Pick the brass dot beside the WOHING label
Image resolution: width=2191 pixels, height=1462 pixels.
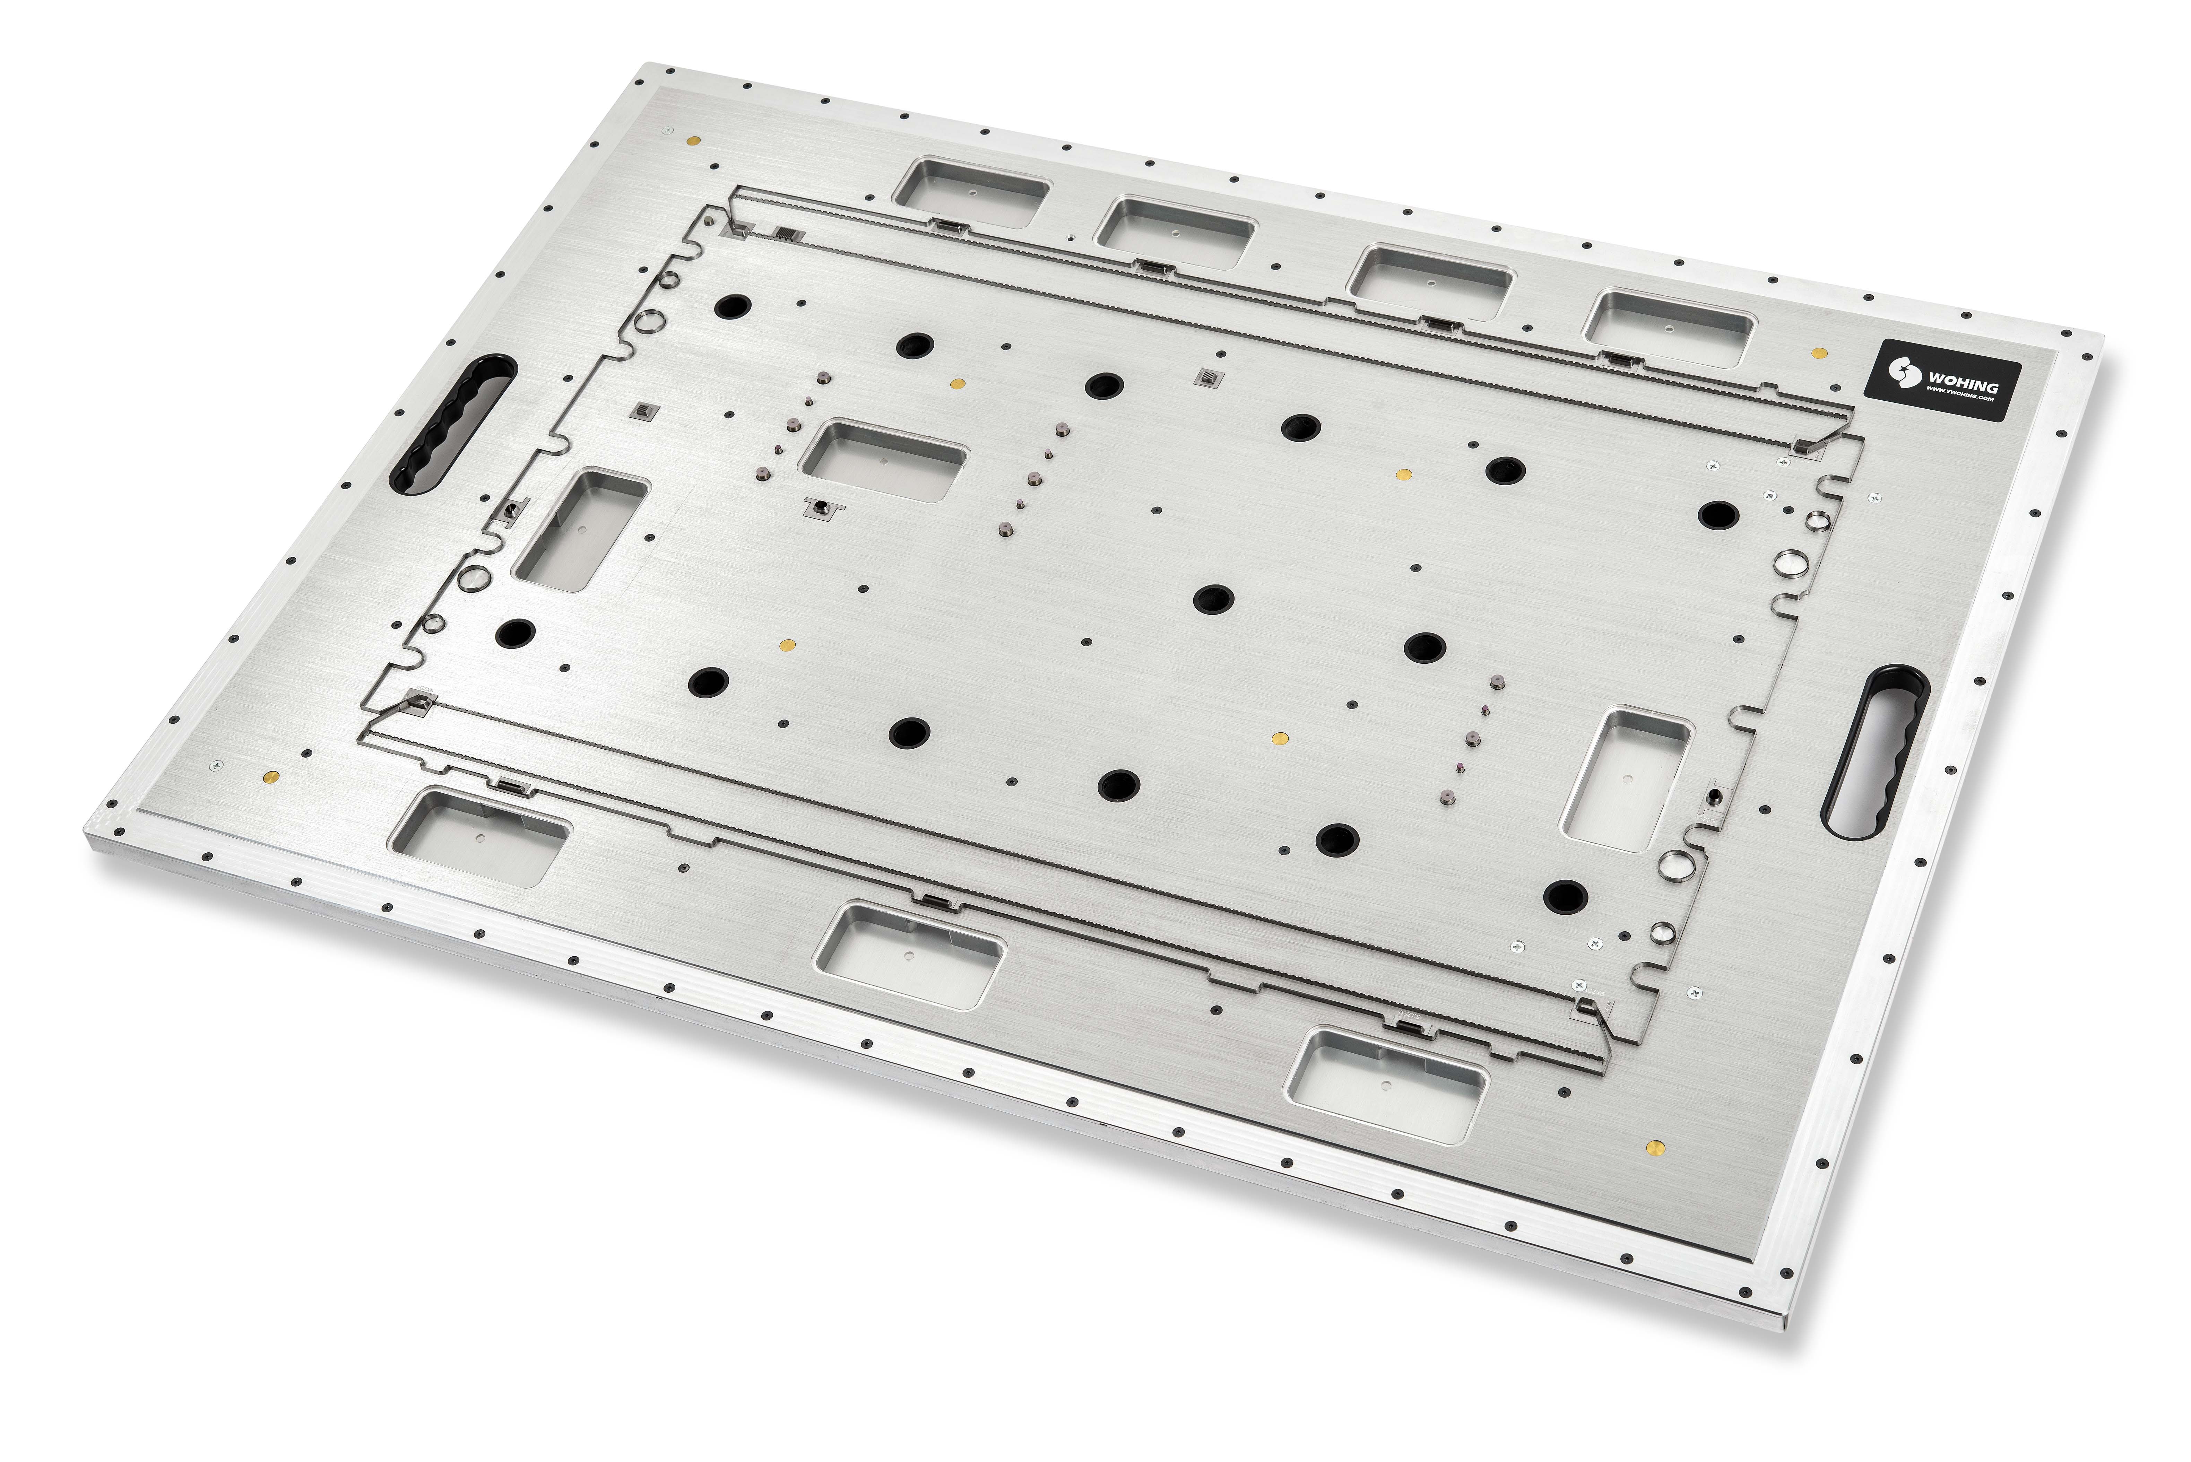(x=1818, y=353)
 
